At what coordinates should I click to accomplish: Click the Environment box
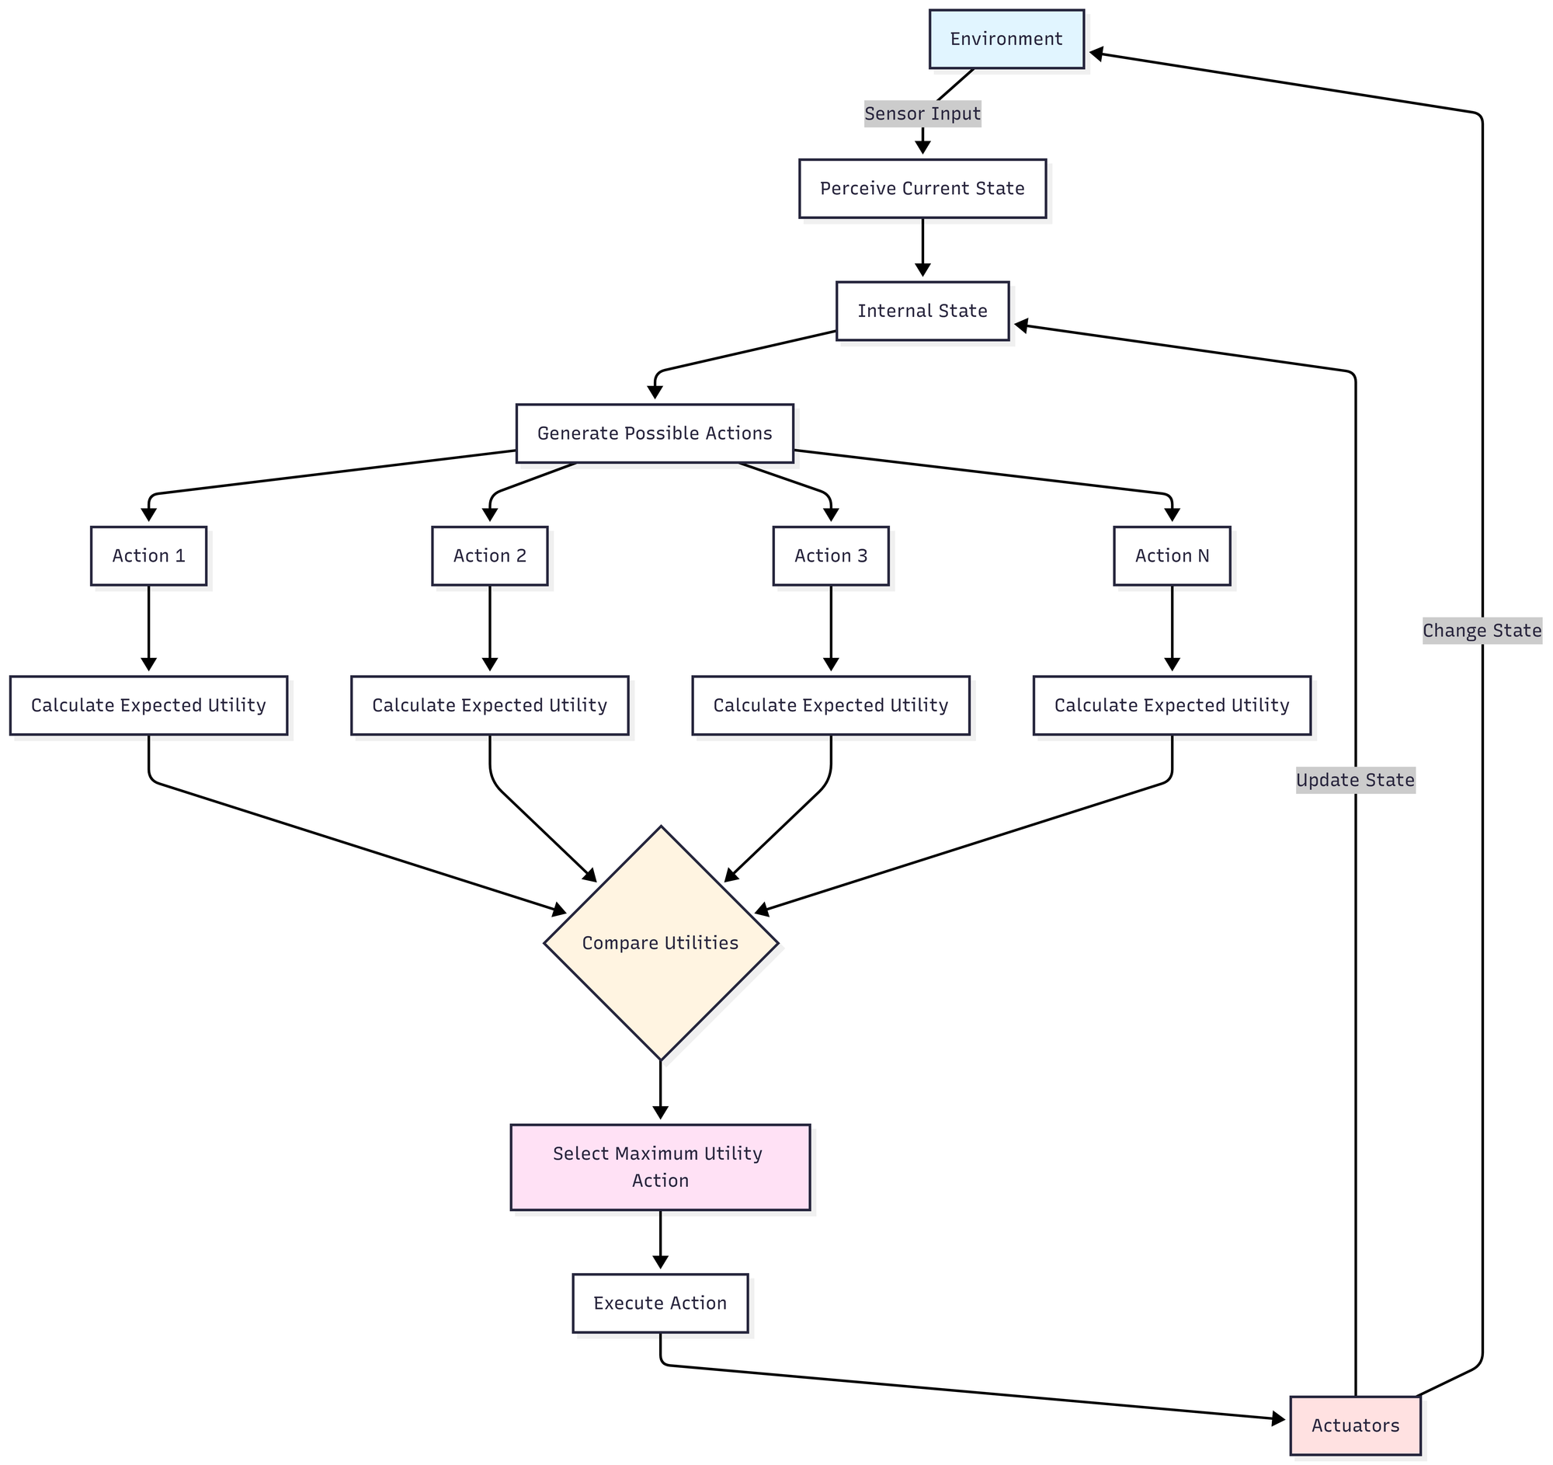pos(1006,39)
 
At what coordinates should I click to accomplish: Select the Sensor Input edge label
pos(922,114)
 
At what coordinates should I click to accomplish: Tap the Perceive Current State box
pos(922,188)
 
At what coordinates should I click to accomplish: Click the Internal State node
pos(922,311)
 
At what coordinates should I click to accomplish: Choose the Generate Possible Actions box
pos(654,433)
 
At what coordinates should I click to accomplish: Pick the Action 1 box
pos(148,555)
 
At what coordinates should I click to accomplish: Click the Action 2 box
pos(489,555)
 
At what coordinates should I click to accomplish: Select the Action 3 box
pos(830,555)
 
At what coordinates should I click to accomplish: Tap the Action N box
pos(1171,555)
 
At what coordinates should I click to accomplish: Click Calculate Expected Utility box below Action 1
pos(148,705)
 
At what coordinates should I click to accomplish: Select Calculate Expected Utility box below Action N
pos(1171,705)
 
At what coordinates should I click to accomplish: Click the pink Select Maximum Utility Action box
pos(660,1167)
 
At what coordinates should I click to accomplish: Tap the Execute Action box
pos(660,1303)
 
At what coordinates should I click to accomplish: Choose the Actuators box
pos(1354,1426)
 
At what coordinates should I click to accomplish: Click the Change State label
pos(1481,631)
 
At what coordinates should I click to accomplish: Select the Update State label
pos(1354,780)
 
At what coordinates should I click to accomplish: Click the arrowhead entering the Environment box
pos(1096,53)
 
